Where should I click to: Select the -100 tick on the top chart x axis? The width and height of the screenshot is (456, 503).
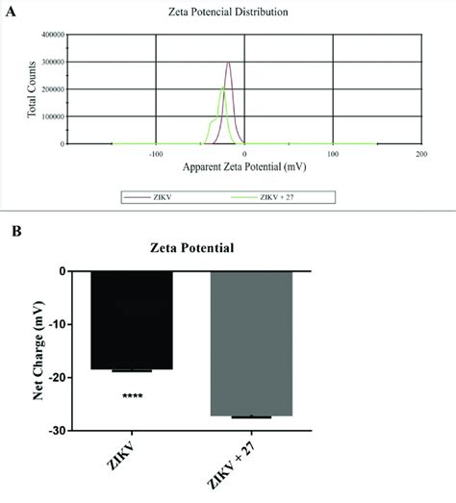[155, 153]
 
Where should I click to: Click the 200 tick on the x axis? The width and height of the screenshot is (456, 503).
[420, 153]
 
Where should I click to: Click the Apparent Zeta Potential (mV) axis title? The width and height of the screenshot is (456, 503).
[244, 165]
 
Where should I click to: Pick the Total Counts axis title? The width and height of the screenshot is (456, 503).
[32, 89]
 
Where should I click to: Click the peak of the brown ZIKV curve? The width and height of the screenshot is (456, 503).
[229, 63]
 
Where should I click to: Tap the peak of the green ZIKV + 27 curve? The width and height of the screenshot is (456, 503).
[222, 88]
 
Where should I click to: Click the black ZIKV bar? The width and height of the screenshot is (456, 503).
[132, 320]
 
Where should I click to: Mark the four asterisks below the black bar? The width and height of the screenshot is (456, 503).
[132, 396]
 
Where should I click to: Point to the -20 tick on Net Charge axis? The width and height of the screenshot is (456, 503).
[72, 378]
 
